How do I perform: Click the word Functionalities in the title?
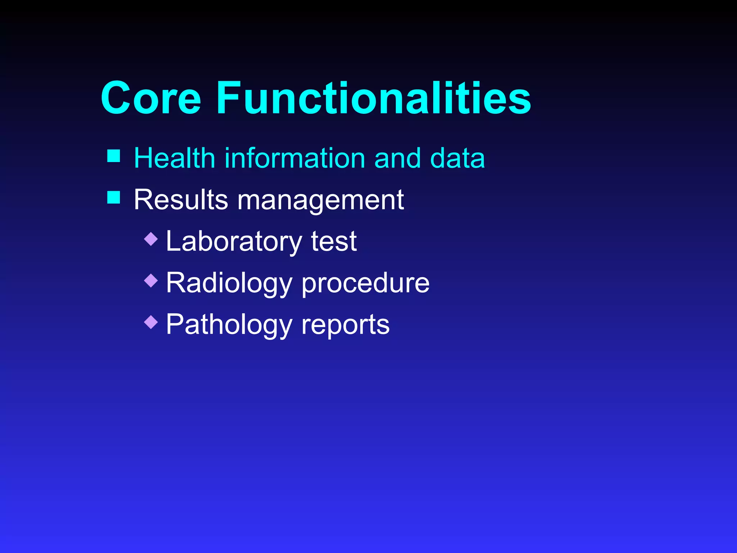coord(373,98)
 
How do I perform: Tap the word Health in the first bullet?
coord(174,158)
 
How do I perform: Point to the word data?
coord(457,158)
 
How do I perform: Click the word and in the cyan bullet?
coord(397,158)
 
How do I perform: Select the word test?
coord(334,242)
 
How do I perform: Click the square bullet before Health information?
coord(114,156)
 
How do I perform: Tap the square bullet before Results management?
coord(114,197)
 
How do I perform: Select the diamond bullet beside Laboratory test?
coord(151,239)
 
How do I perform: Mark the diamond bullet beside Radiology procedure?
coord(151,280)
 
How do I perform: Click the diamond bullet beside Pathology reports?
coord(151,322)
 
